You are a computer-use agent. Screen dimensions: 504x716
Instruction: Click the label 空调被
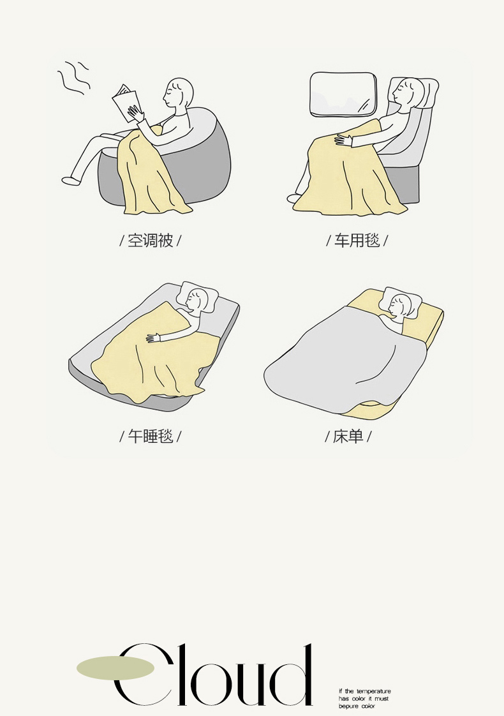150,240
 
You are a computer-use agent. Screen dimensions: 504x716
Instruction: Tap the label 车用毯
357,240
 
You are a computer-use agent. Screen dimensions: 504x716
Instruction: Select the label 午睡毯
150,436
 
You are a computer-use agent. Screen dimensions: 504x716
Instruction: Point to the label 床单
348,436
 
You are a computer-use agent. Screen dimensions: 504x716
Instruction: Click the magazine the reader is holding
126,103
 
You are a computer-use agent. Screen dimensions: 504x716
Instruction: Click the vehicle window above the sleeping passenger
343,94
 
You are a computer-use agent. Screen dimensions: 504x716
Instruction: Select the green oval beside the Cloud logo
115,667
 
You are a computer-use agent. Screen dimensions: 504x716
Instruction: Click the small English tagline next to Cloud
364,699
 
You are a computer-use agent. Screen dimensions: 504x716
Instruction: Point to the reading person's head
179,93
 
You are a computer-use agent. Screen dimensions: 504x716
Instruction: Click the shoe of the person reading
70,181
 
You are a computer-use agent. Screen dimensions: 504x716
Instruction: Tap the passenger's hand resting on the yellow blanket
343,140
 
